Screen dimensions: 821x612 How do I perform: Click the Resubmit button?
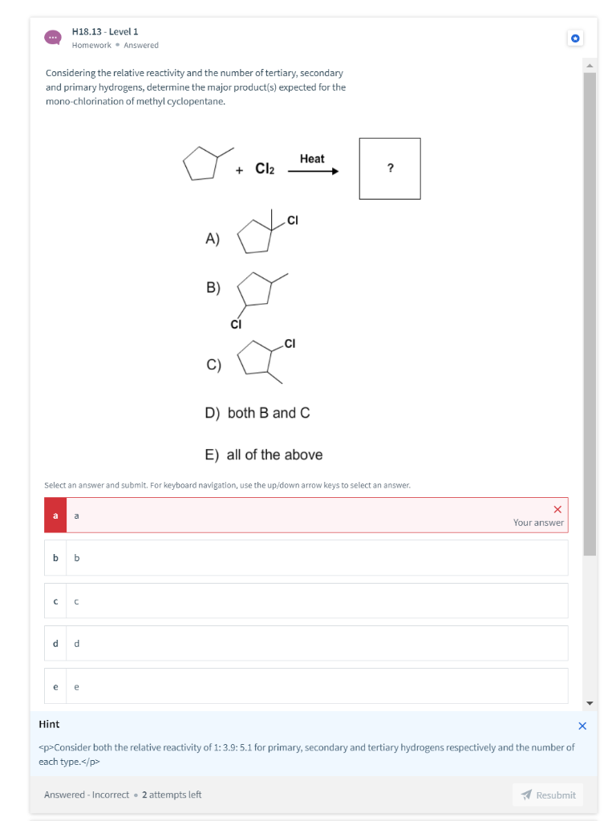[x=548, y=795]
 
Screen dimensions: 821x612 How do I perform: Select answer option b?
[x=306, y=557]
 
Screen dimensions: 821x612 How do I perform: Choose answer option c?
[x=306, y=601]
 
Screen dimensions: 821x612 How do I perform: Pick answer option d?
[x=306, y=643]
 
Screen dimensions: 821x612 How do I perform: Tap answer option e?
[x=306, y=686]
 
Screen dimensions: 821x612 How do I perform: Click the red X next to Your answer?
[x=557, y=509]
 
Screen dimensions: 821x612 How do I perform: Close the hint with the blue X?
[x=582, y=726]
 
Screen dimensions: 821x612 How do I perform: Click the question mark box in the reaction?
[x=390, y=168]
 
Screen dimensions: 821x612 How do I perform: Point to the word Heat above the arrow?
[x=312, y=159]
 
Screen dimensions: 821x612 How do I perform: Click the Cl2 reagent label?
[x=265, y=168]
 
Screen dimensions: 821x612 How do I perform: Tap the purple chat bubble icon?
[x=52, y=38]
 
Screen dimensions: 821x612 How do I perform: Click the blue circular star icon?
[x=575, y=38]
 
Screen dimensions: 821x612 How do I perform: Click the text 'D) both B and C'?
[x=257, y=413]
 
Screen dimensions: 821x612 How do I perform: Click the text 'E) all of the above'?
[x=264, y=455]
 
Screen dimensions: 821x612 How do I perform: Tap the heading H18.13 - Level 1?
[x=105, y=31]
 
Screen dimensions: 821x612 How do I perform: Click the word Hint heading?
[x=49, y=724]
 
